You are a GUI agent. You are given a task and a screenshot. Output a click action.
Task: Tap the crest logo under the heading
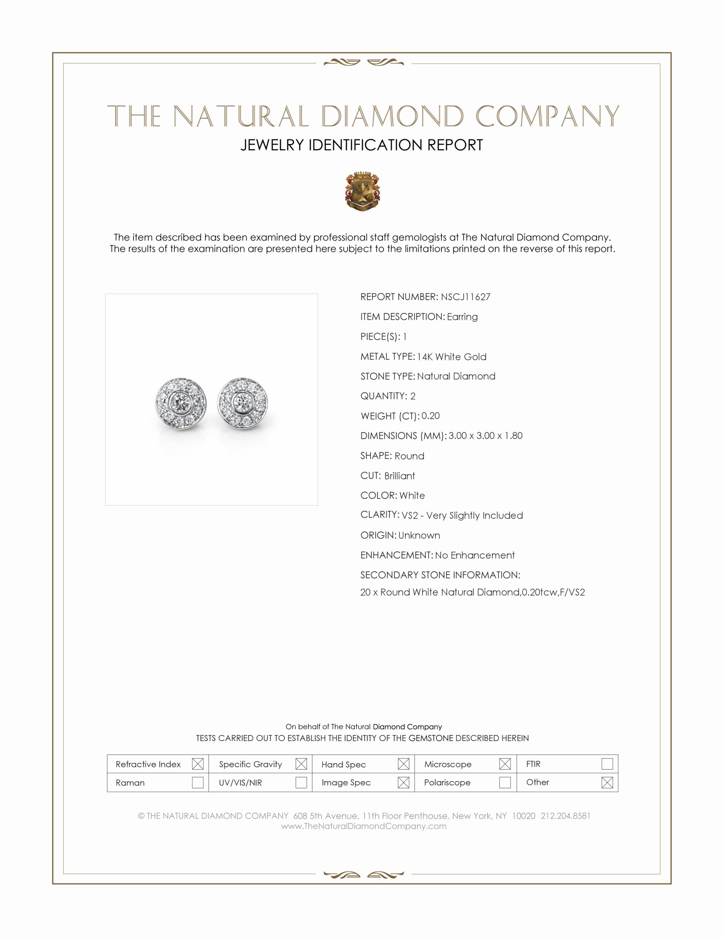(362, 191)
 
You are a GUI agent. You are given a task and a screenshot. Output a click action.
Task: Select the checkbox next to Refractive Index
(197, 764)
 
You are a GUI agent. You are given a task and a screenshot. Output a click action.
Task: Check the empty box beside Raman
(197, 782)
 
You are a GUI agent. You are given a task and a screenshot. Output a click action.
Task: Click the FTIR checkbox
(607, 764)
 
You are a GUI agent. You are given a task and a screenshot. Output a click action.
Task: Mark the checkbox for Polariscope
(505, 782)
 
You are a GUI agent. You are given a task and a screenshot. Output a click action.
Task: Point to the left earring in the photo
(181, 403)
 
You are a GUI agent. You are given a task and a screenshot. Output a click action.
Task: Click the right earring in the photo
(243, 403)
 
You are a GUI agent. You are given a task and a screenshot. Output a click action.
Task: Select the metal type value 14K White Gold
(451, 356)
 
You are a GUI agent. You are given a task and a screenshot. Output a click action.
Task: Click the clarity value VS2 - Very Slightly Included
(462, 515)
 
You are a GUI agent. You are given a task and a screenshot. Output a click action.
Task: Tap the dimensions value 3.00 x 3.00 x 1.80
(485, 435)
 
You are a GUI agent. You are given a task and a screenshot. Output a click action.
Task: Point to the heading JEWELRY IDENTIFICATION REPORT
(362, 145)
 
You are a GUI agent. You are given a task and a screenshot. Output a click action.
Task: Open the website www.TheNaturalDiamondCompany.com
(364, 826)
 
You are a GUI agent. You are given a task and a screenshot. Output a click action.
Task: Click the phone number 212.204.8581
(565, 816)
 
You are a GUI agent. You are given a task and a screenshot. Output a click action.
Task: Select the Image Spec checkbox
(403, 782)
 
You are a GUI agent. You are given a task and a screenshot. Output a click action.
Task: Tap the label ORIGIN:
(378, 535)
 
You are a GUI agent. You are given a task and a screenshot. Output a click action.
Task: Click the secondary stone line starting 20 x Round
(473, 592)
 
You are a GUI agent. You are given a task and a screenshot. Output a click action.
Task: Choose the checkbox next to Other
(607, 782)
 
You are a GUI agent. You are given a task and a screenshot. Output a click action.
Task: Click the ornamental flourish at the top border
(363, 63)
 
